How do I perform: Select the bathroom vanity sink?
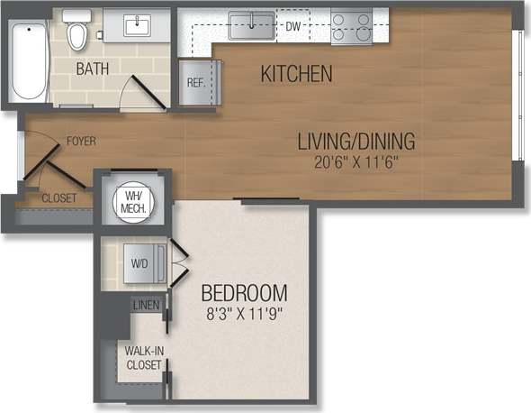(x=137, y=24)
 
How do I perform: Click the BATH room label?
(x=94, y=69)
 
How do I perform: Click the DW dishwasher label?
(x=292, y=26)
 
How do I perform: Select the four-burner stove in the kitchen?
(x=352, y=26)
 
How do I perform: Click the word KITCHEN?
(x=297, y=74)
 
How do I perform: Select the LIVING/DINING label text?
(x=357, y=142)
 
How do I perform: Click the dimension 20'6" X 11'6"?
(x=357, y=162)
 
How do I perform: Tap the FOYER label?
(x=80, y=142)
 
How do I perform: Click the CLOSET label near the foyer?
(x=58, y=197)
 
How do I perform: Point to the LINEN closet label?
(x=146, y=306)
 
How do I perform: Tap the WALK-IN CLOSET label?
(x=143, y=357)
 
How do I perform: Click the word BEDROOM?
(x=244, y=293)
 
